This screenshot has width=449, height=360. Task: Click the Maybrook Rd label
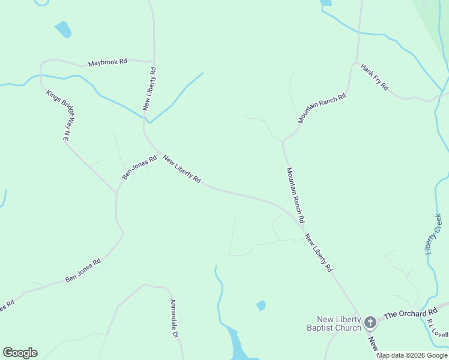click(107, 62)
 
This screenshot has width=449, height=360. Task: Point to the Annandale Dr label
click(174, 319)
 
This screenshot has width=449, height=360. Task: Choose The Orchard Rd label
click(411, 314)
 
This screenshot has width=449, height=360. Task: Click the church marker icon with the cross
click(370, 323)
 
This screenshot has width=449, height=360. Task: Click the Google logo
click(20, 353)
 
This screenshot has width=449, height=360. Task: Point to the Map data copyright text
click(412, 355)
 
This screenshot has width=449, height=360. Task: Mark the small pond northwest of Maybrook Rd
click(63, 29)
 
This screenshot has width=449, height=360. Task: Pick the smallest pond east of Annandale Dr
click(261, 305)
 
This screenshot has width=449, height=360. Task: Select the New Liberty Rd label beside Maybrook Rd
click(149, 88)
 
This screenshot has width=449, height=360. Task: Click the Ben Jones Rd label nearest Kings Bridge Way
click(139, 167)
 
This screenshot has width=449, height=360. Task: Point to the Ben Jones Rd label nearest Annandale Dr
click(83, 271)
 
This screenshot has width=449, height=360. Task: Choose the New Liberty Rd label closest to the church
click(318, 253)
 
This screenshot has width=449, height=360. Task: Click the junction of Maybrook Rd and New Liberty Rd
click(154, 61)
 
